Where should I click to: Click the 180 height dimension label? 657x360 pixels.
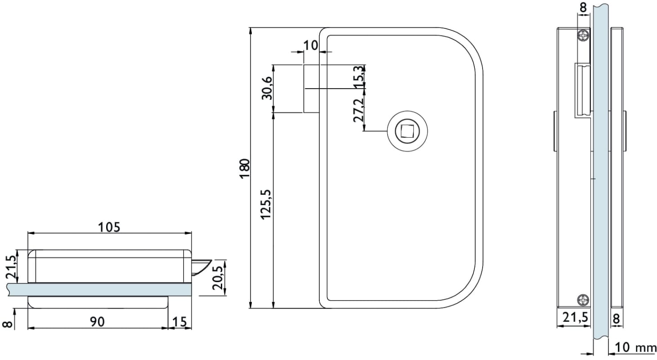tap(245, 168)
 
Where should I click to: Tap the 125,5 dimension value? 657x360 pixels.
tap(267, 204)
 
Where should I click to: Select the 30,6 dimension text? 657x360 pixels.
tap(267, 88)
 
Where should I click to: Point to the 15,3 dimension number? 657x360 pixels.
tap(359, 77)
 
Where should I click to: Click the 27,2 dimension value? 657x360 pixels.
tap(359, 110)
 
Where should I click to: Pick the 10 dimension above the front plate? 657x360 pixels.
tap(310, 45)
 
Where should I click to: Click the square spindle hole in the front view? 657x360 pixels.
tap(407, 131)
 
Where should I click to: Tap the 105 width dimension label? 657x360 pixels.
tap(109, 227)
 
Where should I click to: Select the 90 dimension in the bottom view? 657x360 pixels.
tap(97, 322)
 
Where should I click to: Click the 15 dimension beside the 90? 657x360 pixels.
tap(179, 322)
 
